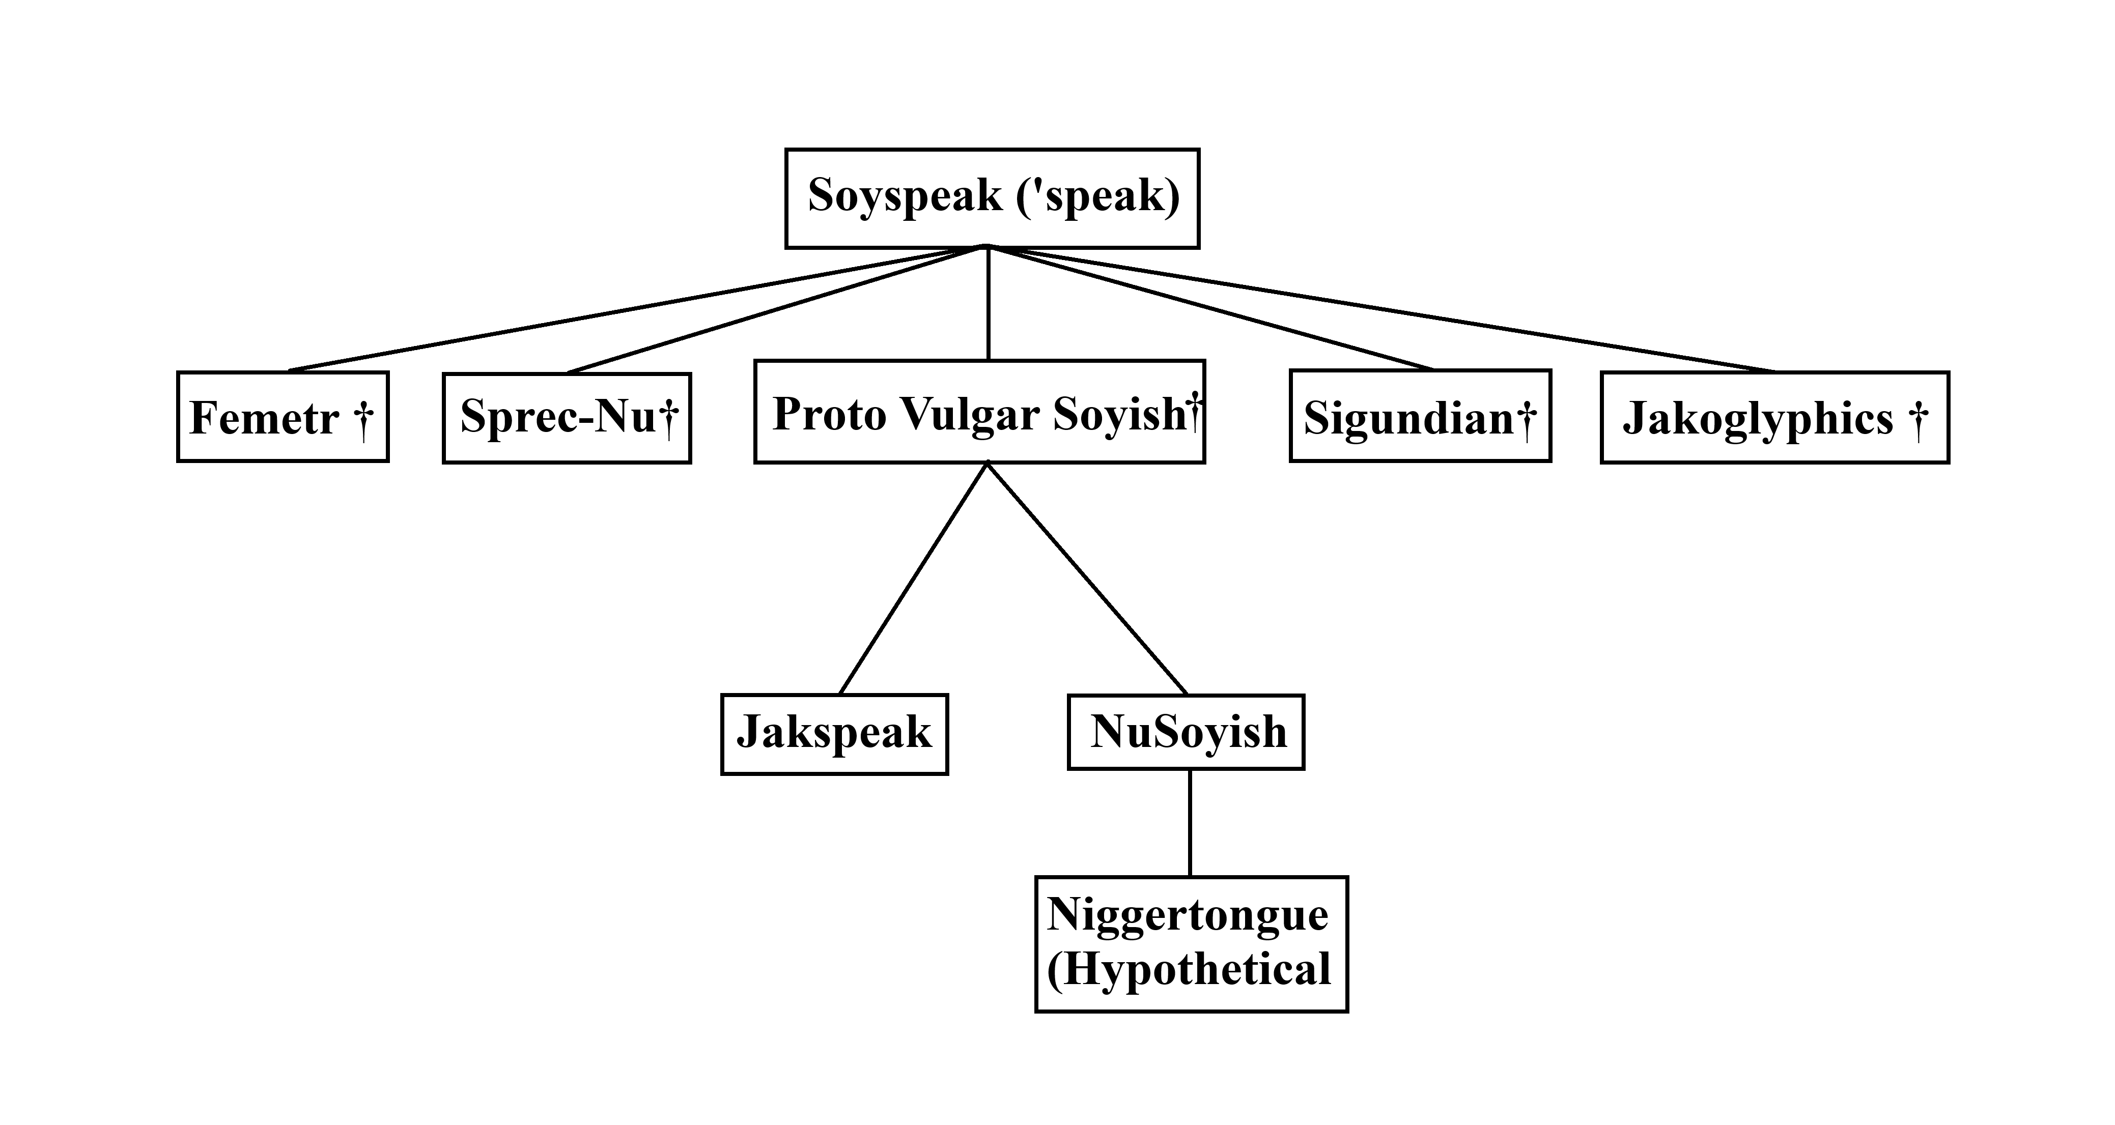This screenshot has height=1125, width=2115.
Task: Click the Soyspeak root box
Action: [992, 198]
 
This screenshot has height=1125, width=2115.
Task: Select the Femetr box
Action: [283, 417]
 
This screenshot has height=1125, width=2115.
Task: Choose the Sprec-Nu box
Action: [567, 418]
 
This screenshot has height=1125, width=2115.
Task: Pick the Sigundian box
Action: [1420, 416]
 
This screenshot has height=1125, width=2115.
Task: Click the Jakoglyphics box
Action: [1774, 418]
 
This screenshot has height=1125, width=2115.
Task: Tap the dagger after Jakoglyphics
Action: [1918, 418]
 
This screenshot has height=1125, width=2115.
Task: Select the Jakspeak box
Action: [834, 734]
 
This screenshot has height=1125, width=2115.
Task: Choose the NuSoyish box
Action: [1186, 732]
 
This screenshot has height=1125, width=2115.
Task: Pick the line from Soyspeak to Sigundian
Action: [1211, 308]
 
